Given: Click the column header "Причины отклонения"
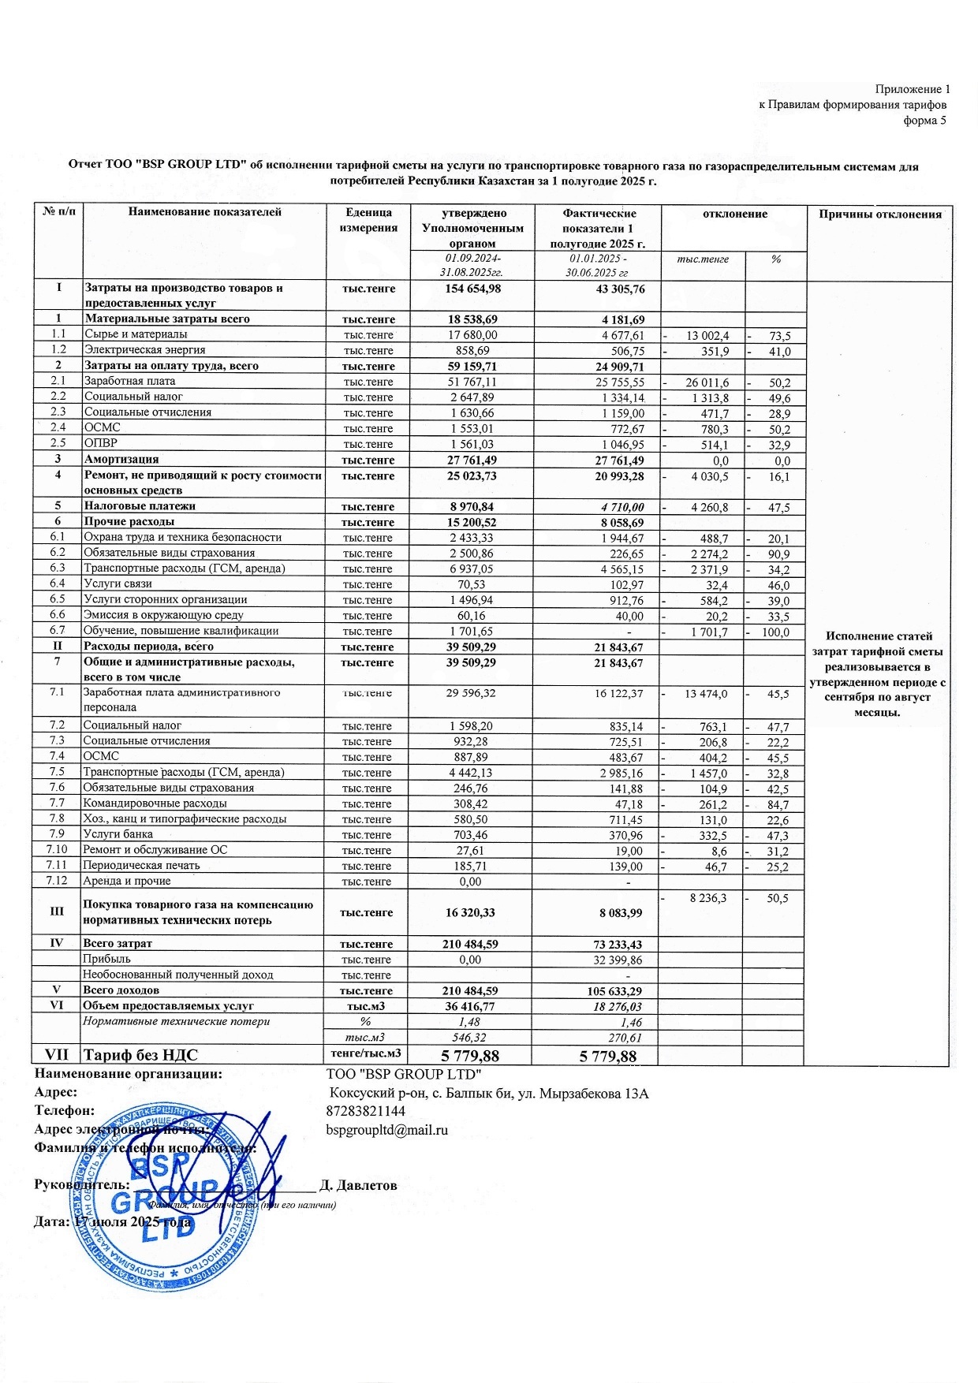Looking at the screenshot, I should pyautogui.click(x=879, y=214).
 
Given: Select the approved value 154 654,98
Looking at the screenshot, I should pyautogui.click(x=472, y=289).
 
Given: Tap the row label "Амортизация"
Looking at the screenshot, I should pyautogui.click(x=121, y=459).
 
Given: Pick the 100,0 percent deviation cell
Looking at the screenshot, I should pyautogui.click(x=775, y=632).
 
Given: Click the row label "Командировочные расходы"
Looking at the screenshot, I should pyautogui.click(x=155, y=803).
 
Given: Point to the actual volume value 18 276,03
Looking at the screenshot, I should pyautogui.click(x=618, y=1007).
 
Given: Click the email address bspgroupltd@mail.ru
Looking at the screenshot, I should pyautogui.click(x=386, y=1130).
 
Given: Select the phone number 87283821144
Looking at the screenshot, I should pyautogui.click(x=366, y=1111).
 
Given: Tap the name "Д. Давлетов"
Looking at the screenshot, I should pyautogui.click(x=358, y=1185).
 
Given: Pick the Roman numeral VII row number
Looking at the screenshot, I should pyautogui.click(x=57, y=1055).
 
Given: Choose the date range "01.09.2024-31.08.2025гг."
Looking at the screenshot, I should pyautogui.click(x=472, y=265).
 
